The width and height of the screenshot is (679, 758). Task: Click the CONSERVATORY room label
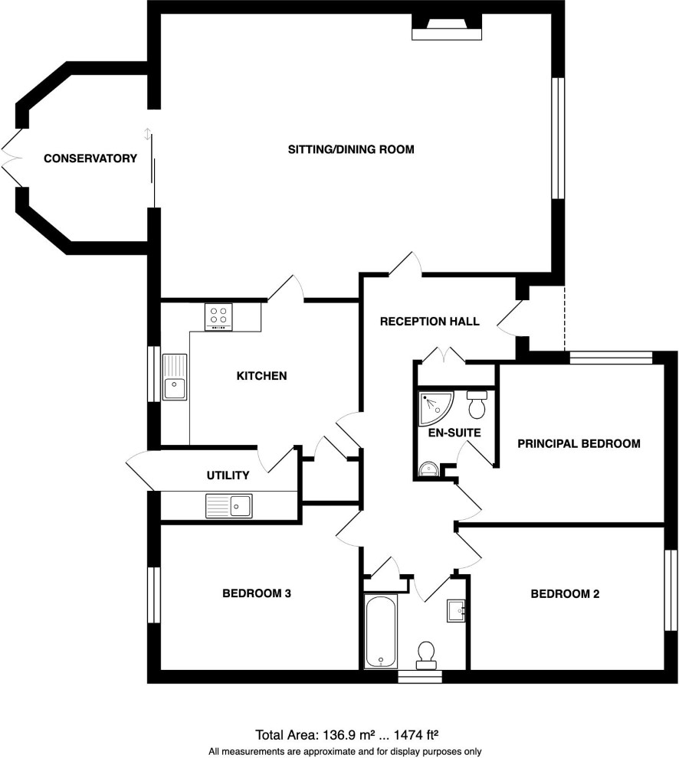coord(90,158)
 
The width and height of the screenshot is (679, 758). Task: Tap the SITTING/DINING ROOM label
coord(351,149)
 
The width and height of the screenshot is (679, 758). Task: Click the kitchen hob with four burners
coord(218,317)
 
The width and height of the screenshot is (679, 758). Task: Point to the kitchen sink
coord(174,377)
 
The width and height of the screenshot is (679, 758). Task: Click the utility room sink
coord(229,505)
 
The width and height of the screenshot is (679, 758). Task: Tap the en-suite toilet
coord(477,404)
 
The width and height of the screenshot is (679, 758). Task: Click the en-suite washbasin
coord(428,469)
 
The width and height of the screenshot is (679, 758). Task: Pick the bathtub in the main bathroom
coord(381,632)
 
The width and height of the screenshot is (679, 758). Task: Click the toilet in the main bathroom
coord(426,655)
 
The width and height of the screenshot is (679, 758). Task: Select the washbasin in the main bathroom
coord(456,611)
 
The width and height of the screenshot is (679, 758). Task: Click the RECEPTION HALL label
coord(430,322)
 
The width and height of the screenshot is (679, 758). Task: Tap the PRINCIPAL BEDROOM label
coord(579,444)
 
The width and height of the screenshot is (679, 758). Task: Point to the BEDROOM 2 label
coord(565,594)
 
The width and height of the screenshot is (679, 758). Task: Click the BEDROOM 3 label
coord(257,593)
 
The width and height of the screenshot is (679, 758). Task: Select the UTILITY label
coord(228,475)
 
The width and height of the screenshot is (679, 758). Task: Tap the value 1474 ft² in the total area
coord(416,735)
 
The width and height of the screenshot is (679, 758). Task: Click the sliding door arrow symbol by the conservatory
coord(148,135)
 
